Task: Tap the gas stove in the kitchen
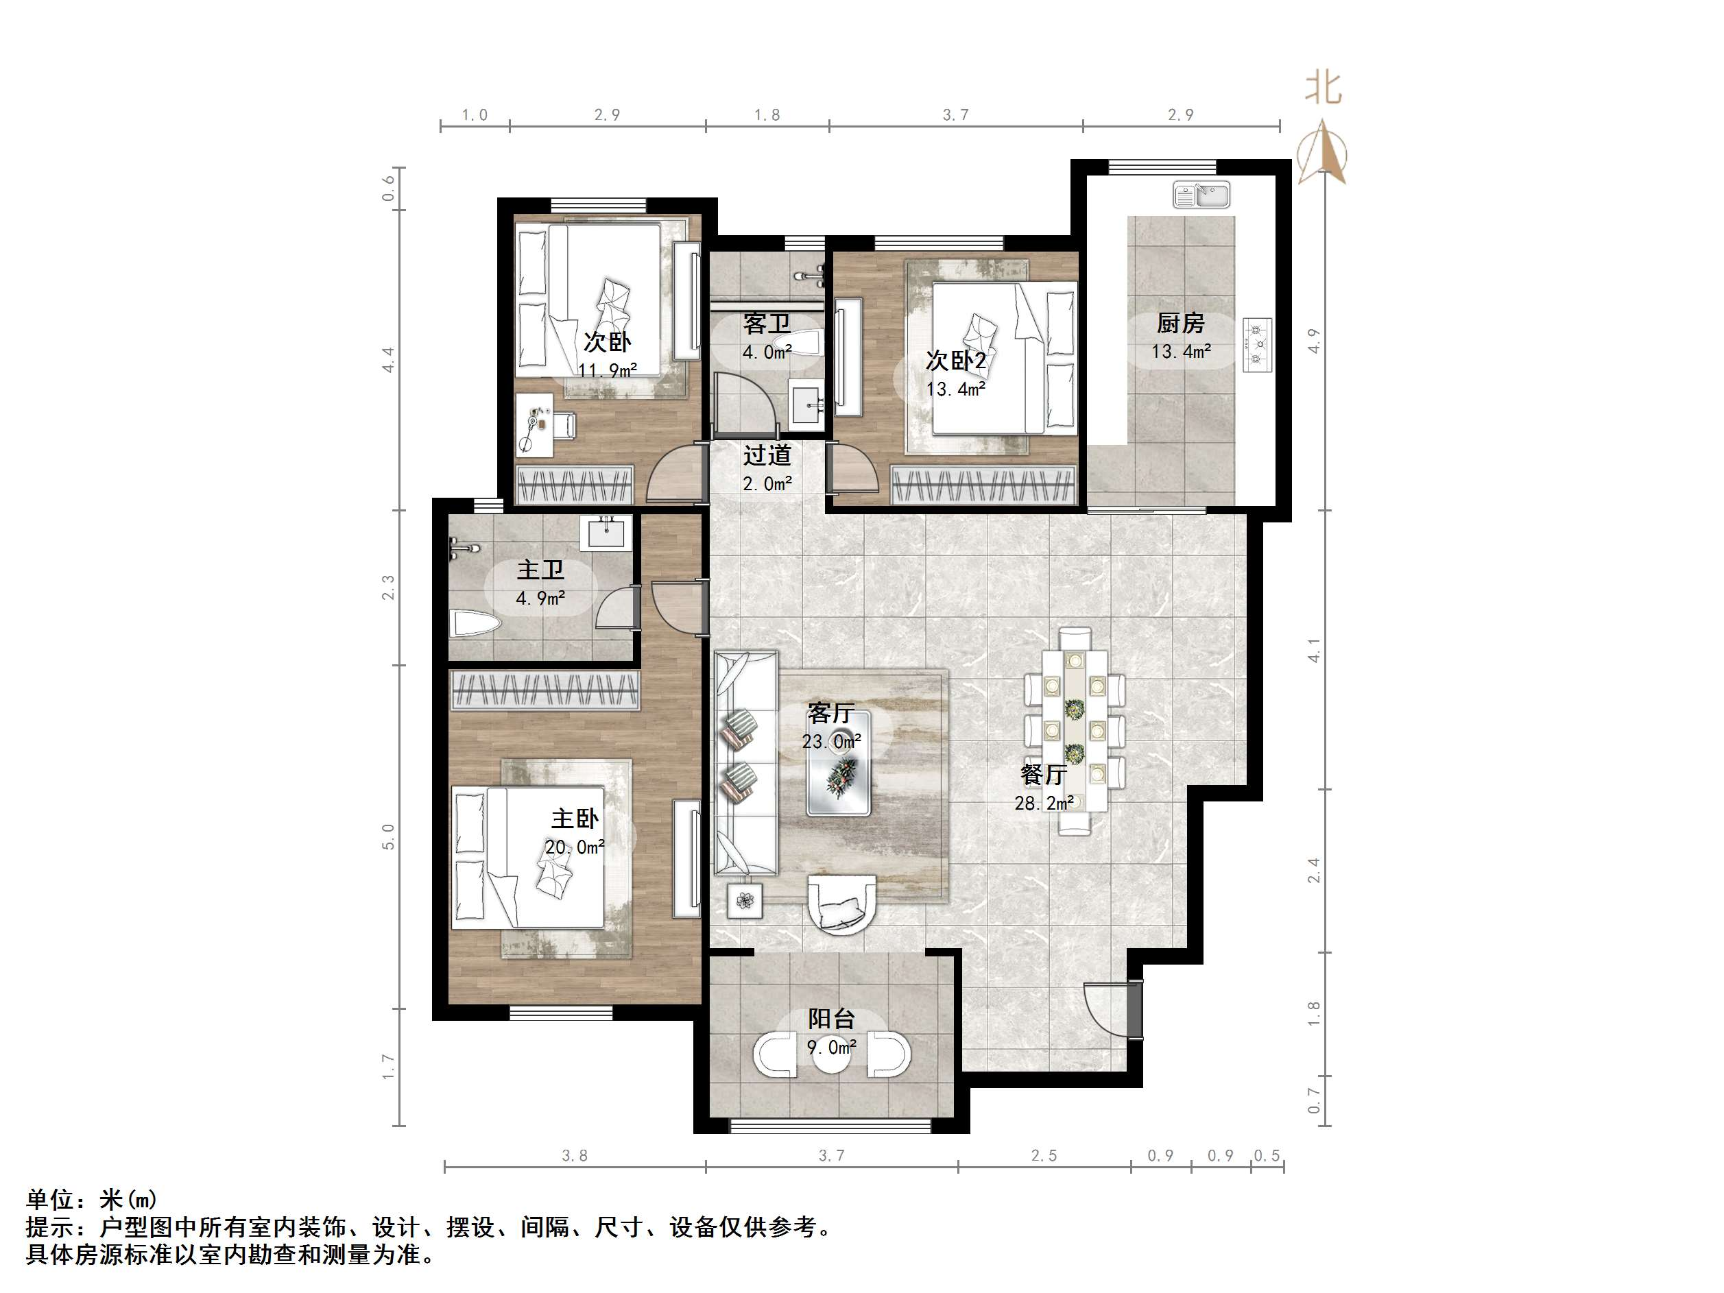(x=1256, y=344)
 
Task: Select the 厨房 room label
(x=1180, y=323)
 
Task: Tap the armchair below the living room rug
(x=841, y=905)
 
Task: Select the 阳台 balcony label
(x=831, y=1019)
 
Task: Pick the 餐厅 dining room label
(x=1044, y=774)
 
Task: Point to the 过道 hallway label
(x=767, y=455)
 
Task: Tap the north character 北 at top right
(x=1323, y=87)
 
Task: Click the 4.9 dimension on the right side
(x=1313, y=341)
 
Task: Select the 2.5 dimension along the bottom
(x=1044, y=1155)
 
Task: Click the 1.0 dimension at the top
(x=474, y=115)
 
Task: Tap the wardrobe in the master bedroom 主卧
(x=544, y=690)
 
